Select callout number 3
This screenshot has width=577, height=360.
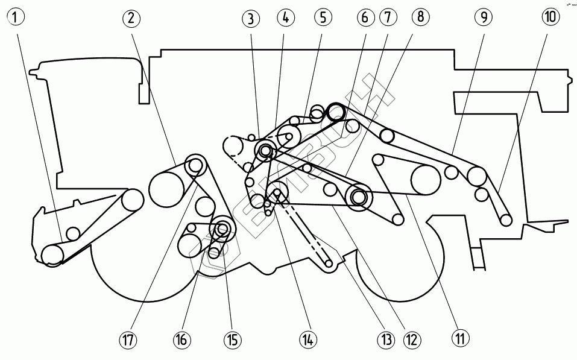[x=251, y=19]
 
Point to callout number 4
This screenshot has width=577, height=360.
[x=286, y=17]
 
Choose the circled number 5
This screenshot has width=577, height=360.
[x=323, y=17]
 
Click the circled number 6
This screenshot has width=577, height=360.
[x=365, y=17]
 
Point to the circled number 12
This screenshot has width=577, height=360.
[x=412, y=339]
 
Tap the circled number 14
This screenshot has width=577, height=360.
[x=308, y=340]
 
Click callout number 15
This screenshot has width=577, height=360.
[x=232, y=340]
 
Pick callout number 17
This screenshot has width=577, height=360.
[x=128, y=340]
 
